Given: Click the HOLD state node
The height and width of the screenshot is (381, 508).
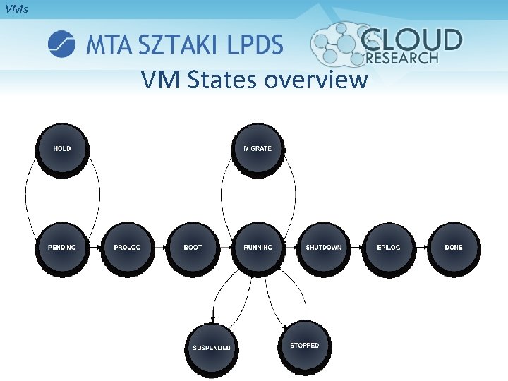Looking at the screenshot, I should click(x=62, y=149).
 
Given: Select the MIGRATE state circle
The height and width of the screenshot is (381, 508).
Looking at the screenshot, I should click(x=258, y=149).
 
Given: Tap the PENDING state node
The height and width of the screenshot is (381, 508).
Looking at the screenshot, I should click(x=62, y=248).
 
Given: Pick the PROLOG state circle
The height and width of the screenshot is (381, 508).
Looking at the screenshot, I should click(x=127, y=248).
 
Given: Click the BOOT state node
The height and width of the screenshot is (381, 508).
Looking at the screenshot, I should click(x=193, y=248).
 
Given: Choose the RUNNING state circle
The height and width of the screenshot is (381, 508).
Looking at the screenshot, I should click(x=258, y=248).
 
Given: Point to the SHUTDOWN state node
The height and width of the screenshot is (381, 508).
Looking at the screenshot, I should click(x=323, y=248).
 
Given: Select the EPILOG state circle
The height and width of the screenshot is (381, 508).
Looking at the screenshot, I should click(x=388, y=248).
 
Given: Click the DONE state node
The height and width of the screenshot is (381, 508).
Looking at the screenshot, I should click(x=454, y=248).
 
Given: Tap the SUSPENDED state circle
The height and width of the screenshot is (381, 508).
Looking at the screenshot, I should click(x=212, y=347).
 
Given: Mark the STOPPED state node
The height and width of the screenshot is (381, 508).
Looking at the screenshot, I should click(x=304, y=346).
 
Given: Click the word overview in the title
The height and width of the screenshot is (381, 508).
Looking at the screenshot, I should click(x=316, y=80).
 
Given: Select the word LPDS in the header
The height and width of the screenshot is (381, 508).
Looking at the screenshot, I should click(x=255, y=44).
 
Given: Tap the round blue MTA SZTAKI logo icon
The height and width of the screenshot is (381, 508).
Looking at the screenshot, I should click(x=61, y=44).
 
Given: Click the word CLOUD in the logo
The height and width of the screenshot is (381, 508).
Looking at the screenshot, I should click(x=412, y=40).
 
